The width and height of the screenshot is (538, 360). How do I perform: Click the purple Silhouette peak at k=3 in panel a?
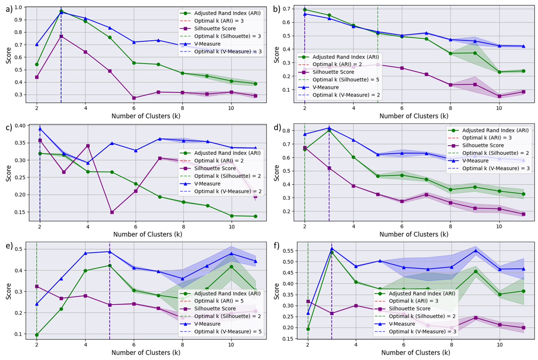[x=61, y=36]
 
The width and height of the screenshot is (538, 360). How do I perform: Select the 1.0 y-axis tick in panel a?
[x=18, y=7]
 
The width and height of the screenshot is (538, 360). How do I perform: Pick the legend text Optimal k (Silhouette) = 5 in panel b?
[x=345, y=80]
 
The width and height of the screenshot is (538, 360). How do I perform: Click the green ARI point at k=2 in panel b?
[x=305, y=10]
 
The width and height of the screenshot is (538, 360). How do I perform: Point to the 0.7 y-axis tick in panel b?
[x=286, y=9]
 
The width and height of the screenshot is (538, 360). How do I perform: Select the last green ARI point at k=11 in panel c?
[x=255, y=216]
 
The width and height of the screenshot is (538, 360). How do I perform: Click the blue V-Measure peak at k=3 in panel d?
[x=329, y=128]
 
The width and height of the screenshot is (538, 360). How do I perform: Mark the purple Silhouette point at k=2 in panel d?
[x=305, y=148]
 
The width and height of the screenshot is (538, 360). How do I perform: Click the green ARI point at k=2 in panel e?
[x=37, y=335]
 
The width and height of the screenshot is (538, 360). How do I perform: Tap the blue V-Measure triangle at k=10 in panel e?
[x=231, y=253]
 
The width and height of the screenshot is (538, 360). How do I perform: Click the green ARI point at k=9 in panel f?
[x=476, y=271]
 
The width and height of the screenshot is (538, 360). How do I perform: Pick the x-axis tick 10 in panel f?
[x=500, y=344]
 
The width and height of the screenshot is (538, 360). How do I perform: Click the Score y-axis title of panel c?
[x=9, y=173]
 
